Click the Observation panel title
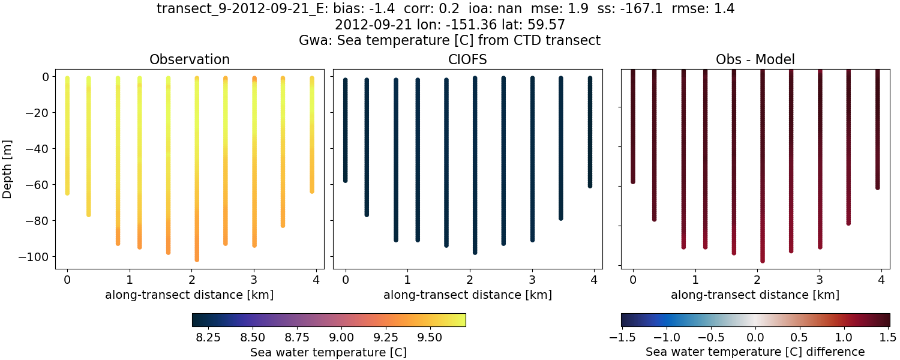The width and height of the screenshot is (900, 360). coord(190,59)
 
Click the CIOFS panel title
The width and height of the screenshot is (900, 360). coord(467,59)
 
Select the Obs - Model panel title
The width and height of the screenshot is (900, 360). coord(755,59)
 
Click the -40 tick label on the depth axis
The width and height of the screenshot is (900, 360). coord(39,149)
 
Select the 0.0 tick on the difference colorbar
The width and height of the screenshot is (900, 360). coord(755,338)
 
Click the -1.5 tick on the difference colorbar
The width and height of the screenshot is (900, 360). coord(622,338)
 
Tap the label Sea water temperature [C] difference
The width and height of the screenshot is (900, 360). coord(755,352)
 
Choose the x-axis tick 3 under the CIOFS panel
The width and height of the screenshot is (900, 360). coord(532,280)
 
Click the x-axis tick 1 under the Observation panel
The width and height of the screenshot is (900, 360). coord(130,280)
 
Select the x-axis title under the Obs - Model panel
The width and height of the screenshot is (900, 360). coord(755,295)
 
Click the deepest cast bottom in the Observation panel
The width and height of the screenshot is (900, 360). coord(197,259)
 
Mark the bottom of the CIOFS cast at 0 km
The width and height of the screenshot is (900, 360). coord(346,179)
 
